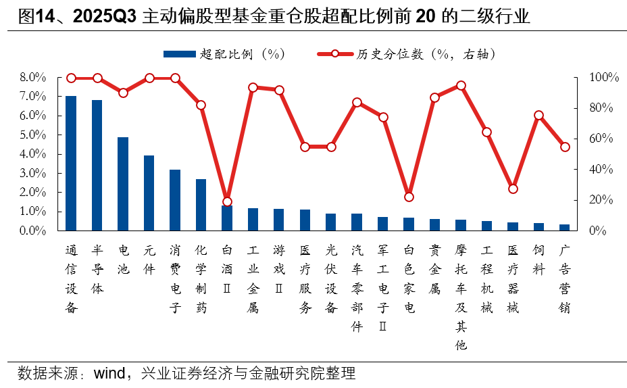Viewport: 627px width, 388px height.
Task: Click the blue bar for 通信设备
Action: (x=71, y=163)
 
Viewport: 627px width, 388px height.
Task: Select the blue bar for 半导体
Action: (x=97, y=165)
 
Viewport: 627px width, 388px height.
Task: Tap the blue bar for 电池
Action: (x=123, y=184)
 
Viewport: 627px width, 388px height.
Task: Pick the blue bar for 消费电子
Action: (x=175, y=200)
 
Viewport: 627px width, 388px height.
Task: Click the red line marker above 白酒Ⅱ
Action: (x=227, y=201)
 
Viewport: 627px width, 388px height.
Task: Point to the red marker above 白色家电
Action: (x=409, y=197)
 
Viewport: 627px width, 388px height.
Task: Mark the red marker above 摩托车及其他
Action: (x=461, y=86)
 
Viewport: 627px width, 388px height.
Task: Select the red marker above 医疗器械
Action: (x=513, y=189)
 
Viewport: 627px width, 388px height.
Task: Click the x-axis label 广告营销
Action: (x=565, y=279)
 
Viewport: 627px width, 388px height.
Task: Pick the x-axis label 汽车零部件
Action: (x=357, y=289)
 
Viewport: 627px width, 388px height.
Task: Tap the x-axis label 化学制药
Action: (x=201, y=279)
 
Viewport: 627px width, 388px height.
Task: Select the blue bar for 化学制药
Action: (x=201, y=205)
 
